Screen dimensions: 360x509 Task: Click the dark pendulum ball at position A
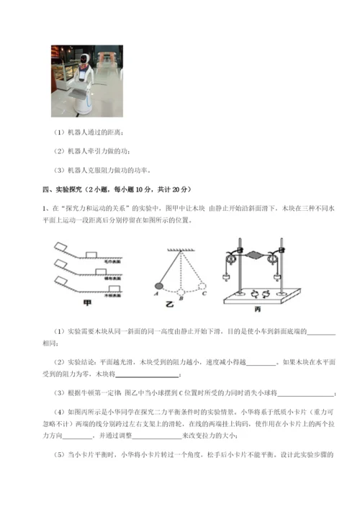click(158, 286)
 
